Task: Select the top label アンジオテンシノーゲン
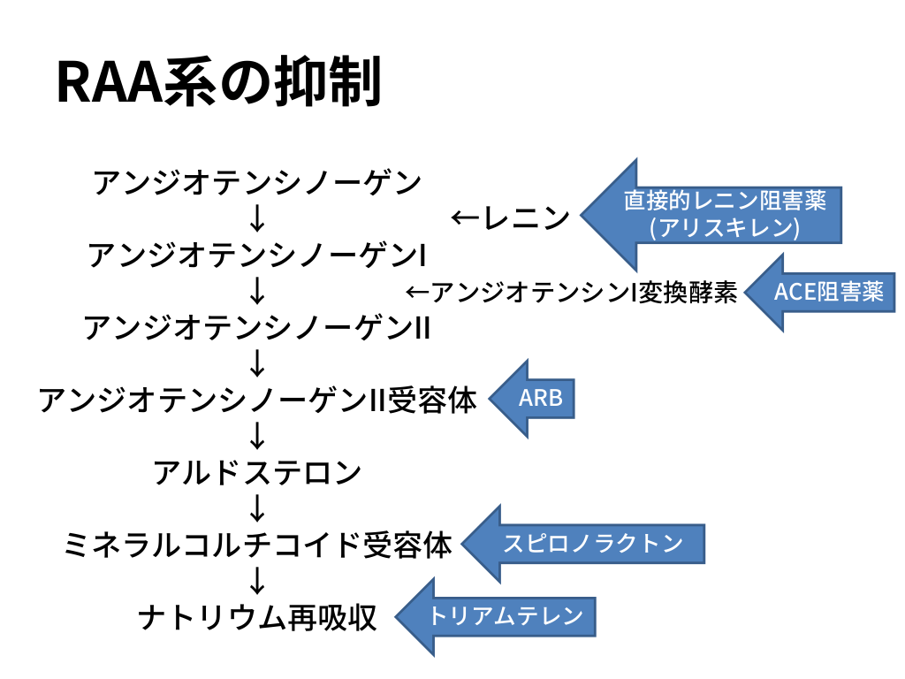[257, 183]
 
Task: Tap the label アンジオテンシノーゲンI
[257, 256]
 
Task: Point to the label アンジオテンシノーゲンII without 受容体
[257, 328]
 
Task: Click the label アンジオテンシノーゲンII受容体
[257, 401]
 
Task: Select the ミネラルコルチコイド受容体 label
[257, 545]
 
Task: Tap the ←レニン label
[510, 217]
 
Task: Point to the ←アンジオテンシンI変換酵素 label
[571, 292]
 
